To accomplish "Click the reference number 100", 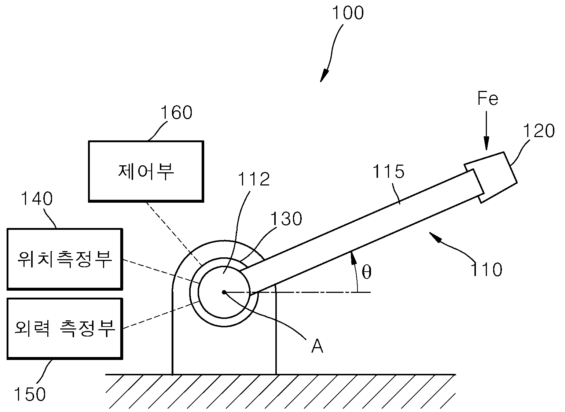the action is coord(348,13).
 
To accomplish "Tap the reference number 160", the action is coord(176,113).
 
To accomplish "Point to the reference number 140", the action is coord(37,199).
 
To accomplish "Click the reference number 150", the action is coord(30,394).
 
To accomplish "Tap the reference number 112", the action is coord(254,179).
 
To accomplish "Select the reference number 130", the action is coord(286,218).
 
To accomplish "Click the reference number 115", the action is coord(388,172).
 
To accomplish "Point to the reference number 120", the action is coord(539,131).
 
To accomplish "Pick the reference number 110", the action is coord(486,269).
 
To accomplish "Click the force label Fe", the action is coord(488,98).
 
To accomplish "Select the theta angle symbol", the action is coord(367,272).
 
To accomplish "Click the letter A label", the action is coord(317,346).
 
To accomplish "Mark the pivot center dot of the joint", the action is coord(224,292).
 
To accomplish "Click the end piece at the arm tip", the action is coord(491,177).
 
